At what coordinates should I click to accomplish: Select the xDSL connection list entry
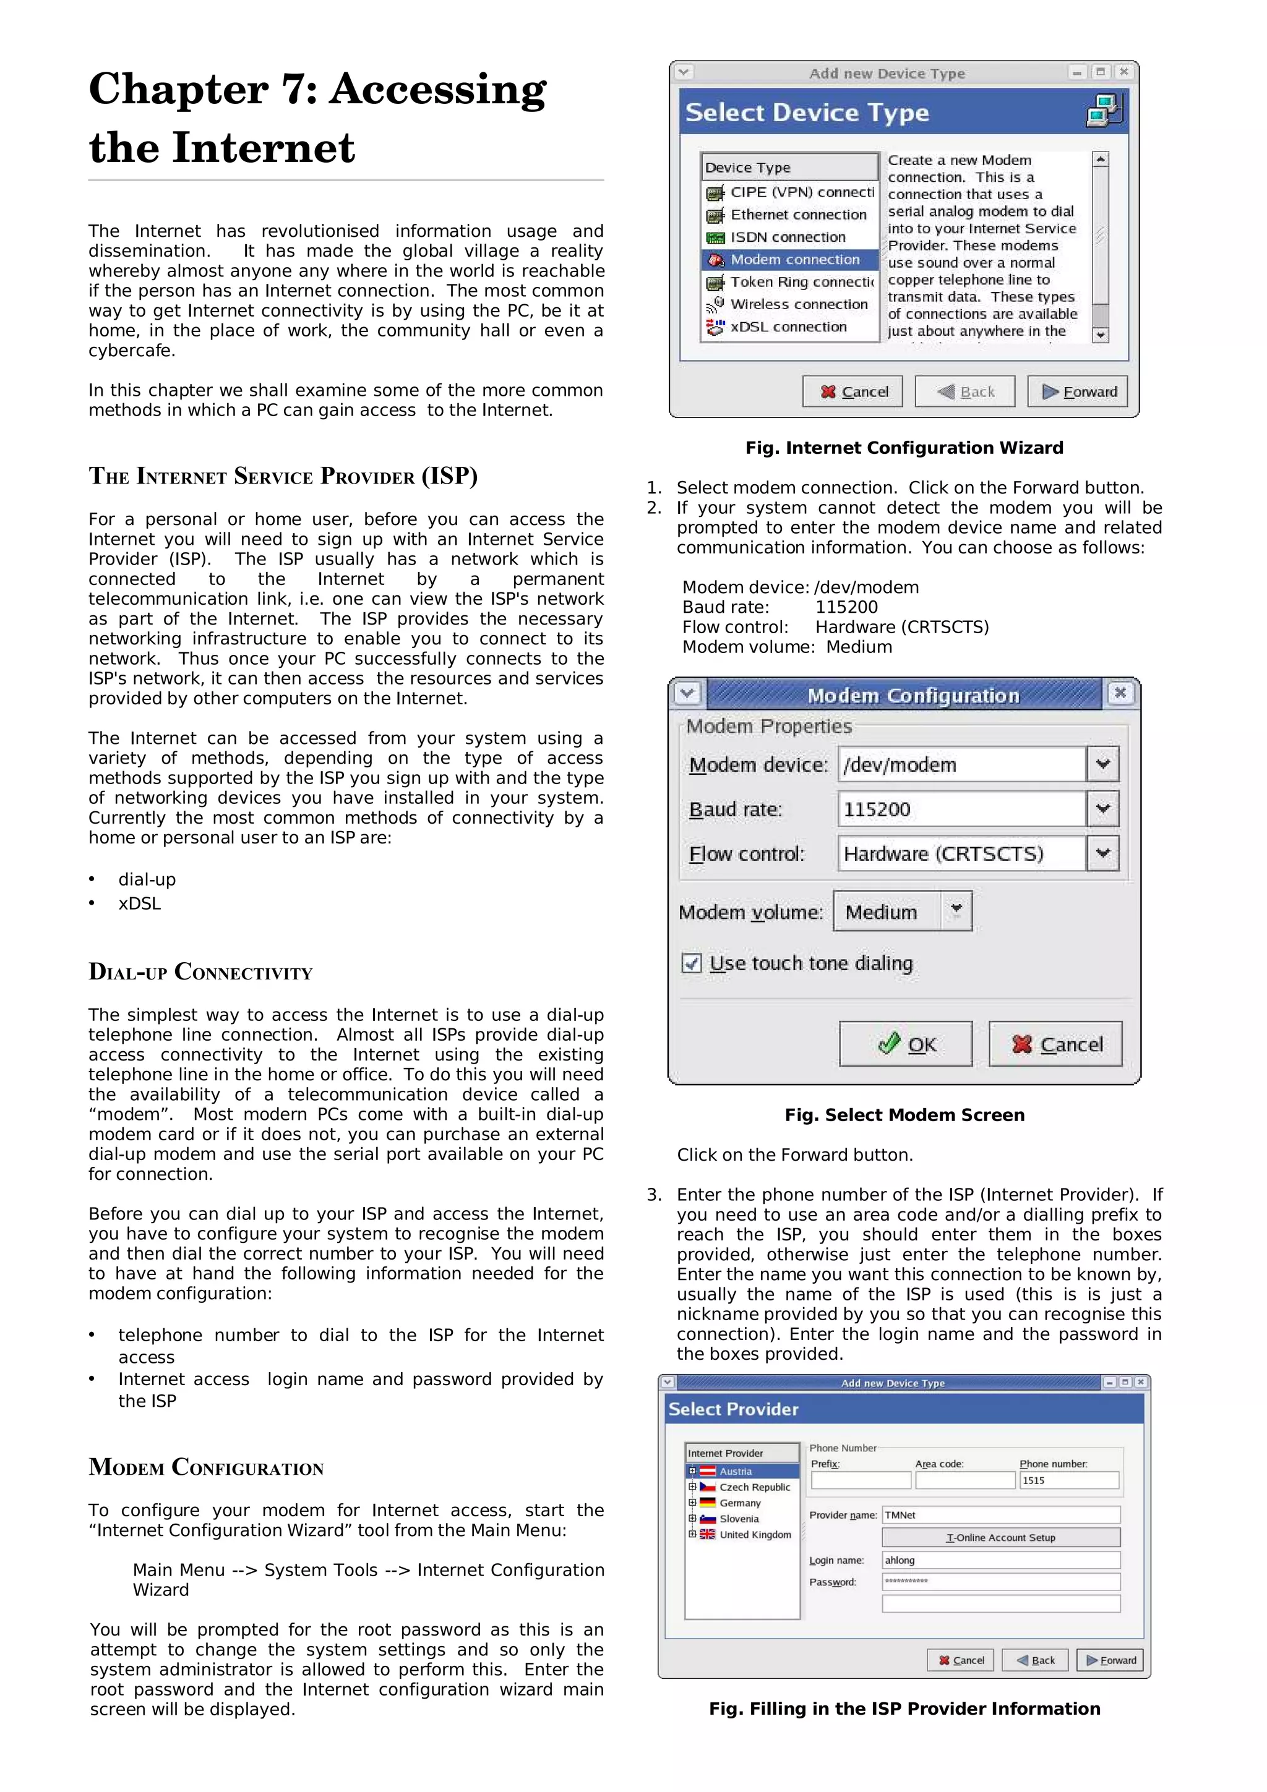(788, 327)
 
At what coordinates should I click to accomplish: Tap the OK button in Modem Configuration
(906, 1044)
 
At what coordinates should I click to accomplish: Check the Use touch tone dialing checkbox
(691, 963)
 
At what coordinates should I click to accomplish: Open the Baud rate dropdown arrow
(1102, 809)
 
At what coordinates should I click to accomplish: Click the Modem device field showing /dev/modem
(962, 764)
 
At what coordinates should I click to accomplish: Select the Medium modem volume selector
(901, 911)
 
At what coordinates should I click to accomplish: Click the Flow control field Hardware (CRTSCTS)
(962, 853)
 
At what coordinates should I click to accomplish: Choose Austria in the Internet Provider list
(736, 1471)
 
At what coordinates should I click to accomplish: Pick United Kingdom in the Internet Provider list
(754, 1534)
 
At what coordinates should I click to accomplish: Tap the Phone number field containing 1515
(1068, 1480)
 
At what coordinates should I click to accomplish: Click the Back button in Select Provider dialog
(1035, 1660)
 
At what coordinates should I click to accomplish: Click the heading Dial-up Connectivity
(200, 971)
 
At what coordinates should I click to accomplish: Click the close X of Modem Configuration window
(1120, 693)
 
